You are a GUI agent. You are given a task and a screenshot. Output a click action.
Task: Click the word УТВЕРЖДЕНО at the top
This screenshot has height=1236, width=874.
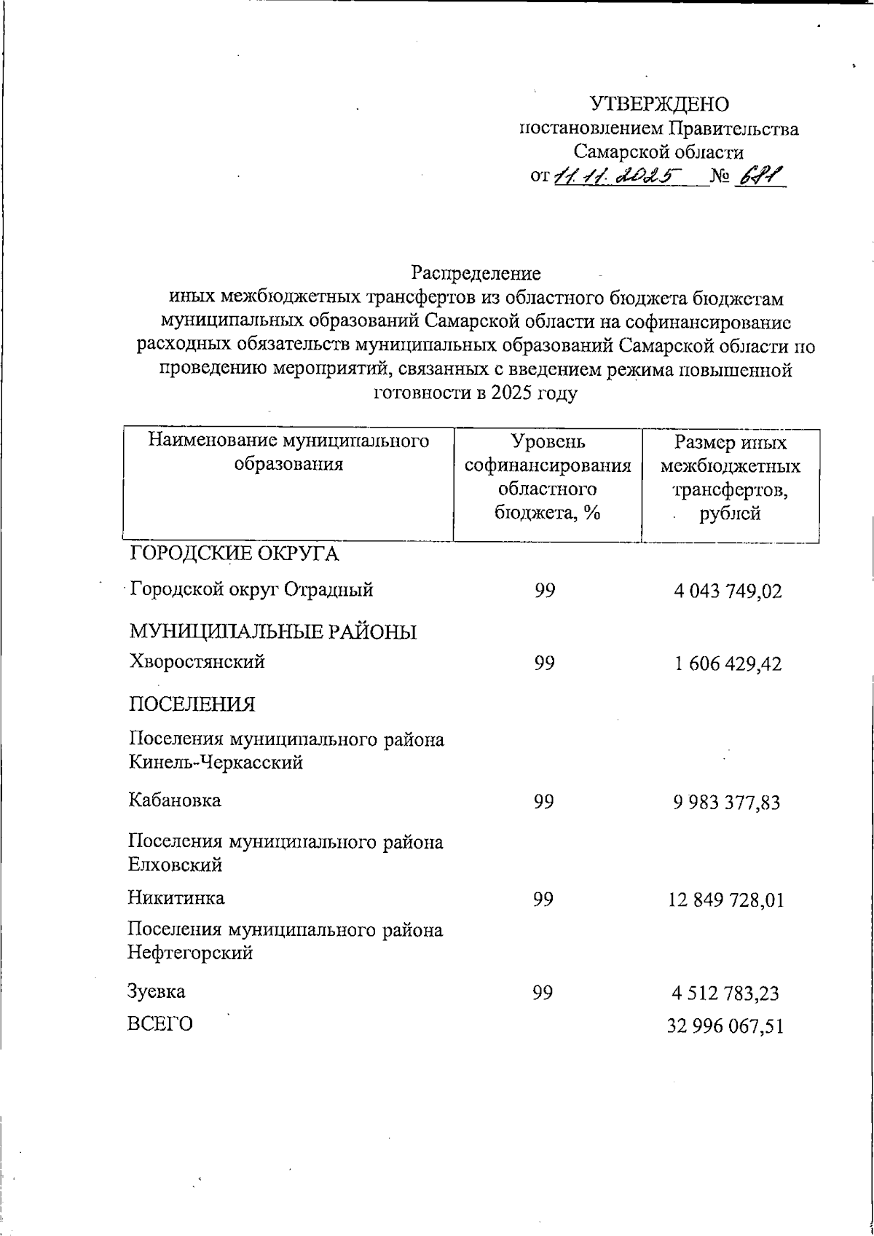pyautogui.click(x=658, y=105)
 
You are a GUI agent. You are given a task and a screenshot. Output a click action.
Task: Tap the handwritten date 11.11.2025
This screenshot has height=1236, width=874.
pyautogui.click(x=618, y=176)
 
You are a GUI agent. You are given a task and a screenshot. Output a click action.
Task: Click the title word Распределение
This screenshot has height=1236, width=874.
pyautogui.click(x=476, y=273)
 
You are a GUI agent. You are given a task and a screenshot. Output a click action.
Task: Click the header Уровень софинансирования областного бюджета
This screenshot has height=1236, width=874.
pyautogui.click(x=548, y=477)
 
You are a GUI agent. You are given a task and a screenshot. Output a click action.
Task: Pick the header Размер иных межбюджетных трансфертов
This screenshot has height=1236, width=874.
pyautogui.click(x=731, y=477)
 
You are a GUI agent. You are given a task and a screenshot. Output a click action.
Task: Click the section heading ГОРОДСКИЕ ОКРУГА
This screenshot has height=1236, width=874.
pyautogui.click(x=234, y=554)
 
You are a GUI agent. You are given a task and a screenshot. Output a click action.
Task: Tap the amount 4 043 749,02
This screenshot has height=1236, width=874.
pyautogui.click(x=728, y=591)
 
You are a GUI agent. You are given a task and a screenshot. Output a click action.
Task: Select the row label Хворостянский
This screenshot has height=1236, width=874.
pyautogui.click(x=197, y=661)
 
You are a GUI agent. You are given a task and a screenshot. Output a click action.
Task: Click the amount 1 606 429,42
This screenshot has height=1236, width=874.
pyautogui.click(x=728, y=664)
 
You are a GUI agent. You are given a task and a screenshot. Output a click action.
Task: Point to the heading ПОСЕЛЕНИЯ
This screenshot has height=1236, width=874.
pyautogui.click(x=192, y=704)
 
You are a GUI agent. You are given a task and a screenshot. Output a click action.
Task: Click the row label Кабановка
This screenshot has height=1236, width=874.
pyautogui.click(x=175, y=800)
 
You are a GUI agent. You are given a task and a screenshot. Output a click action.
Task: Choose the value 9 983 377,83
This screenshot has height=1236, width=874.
pyautogui.click(x=726, y=803)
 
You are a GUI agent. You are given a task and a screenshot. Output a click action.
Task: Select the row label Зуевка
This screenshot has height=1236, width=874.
pyautogui.click(x=157, y=991)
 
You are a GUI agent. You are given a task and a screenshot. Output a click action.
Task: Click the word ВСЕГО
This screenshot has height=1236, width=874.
pyautogui.click(x=161, y=1024)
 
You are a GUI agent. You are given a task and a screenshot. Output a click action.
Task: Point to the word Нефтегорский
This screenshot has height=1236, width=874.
pyautogui.click(x=190, y=952)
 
